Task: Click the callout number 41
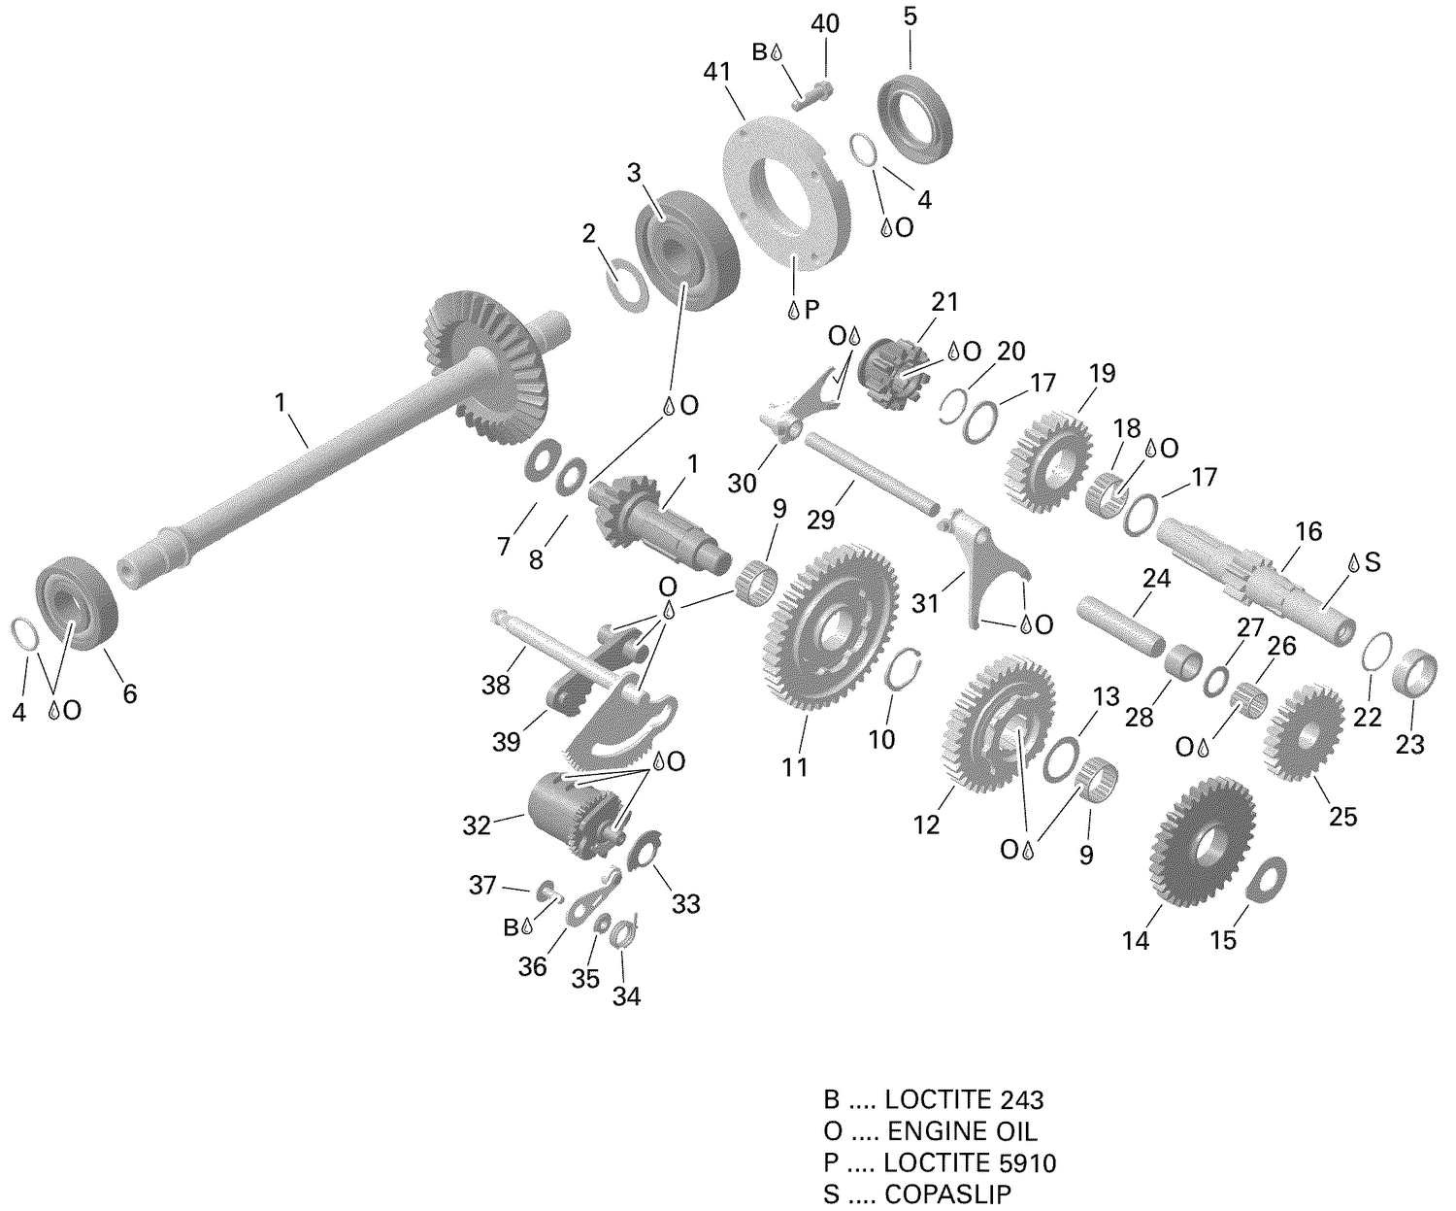pos(719,73)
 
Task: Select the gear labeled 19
pos(1047,459)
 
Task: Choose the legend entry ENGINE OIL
pos(962,1130)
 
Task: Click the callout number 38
pos(496,685)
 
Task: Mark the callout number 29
pos(820,520)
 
